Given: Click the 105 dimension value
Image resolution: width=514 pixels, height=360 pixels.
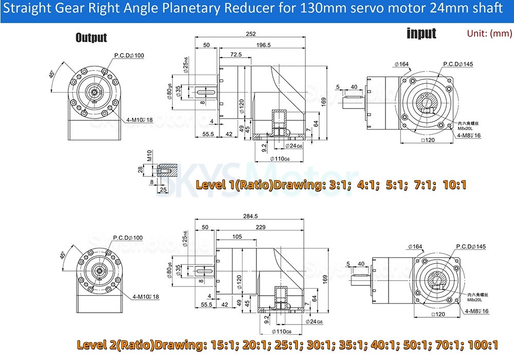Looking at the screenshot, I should click(x=237, y=237).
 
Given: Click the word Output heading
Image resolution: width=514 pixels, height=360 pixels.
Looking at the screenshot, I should click(x=91, y=38).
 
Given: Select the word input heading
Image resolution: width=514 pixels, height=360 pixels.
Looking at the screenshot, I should click(x=421, y=33).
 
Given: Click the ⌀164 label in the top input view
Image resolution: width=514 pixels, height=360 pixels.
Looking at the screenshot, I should click(x=401, y=64).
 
